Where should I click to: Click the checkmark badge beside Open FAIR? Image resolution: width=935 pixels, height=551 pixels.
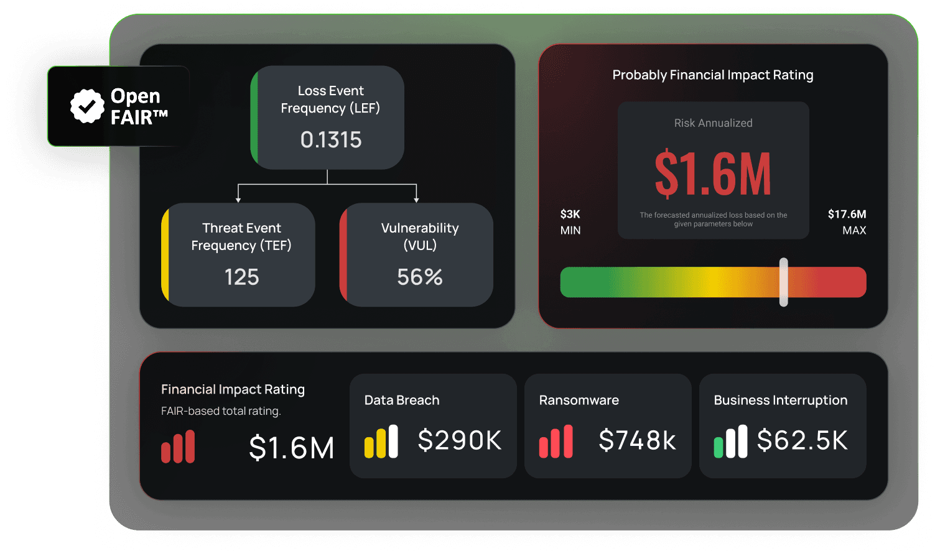click(87, 106)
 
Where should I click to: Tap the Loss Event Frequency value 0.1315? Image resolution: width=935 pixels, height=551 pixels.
click(330, 140)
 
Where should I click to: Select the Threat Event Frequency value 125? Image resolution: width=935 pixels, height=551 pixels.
click(241, 277)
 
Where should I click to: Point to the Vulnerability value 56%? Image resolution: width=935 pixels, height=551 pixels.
click(420, 277)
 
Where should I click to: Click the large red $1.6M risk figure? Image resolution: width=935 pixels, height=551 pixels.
click(713, 174)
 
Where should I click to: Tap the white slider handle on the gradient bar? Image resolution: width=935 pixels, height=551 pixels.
click(784, 282)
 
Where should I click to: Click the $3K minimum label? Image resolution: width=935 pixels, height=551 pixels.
click(570, 215)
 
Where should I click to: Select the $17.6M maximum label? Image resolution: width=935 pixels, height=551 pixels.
click(847, 215)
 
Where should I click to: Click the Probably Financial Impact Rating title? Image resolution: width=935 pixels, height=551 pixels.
click(713, 75)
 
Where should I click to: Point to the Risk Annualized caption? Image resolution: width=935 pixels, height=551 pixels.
click(713, 123)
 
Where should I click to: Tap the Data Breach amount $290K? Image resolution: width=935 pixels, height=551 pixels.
click(459, 440)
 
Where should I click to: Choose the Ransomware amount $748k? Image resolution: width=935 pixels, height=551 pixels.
click(637, 440)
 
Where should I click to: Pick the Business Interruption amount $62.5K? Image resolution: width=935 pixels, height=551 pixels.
click(802, 440)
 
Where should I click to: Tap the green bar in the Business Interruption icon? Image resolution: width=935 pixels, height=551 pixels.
click(719, 448)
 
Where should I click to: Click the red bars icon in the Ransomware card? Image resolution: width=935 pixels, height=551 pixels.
click(556, 442)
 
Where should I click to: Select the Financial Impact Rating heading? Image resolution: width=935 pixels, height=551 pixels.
click(233, 389)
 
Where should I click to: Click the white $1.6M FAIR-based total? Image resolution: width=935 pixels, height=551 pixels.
click(291, 448)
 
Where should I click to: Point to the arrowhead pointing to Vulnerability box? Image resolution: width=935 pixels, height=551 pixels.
click(416, 200)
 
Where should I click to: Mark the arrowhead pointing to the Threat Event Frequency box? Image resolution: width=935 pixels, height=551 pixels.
click(238, 200)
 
